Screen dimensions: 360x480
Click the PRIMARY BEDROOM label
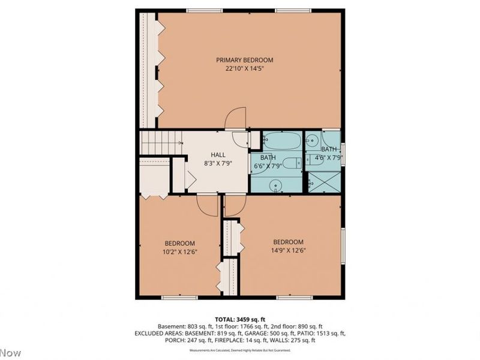[x=245, y=60]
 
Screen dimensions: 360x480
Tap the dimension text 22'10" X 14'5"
[x=245, y=69]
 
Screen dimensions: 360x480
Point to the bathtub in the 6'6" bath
[x=282, y=141]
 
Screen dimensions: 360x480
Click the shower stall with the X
[x=324, y=181]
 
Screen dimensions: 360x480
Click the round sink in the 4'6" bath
[x=312, y=142]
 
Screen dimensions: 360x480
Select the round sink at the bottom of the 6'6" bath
[x=276, y=185]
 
